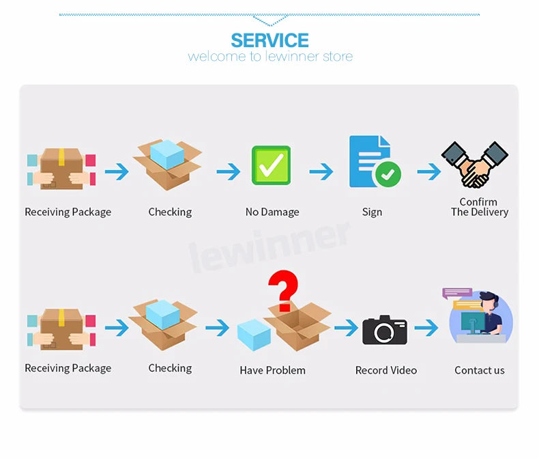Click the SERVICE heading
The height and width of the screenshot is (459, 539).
(x=269, y=40)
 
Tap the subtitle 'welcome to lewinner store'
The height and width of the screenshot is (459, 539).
(x=270, y=56)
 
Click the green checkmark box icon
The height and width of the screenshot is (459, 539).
(x=271, y=165)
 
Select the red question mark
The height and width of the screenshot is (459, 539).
(x=283, y=290)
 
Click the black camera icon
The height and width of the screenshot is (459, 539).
(x=384, y=329)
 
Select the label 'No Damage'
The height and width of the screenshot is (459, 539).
(x=272, y=212)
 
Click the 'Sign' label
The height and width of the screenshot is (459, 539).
(x=372, y=212)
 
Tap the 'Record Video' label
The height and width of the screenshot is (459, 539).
(x=385, y=370)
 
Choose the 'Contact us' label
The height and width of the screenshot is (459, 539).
(x=480, y=370)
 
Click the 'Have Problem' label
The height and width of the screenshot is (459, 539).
(x=272, y=370)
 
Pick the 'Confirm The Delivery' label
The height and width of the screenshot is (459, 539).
(x=479, y=207)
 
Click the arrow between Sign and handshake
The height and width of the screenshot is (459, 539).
(x=428, y=171)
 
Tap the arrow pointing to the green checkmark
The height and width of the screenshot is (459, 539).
(x=229, y=171)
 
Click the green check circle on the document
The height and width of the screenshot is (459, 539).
(x=388, y=175)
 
